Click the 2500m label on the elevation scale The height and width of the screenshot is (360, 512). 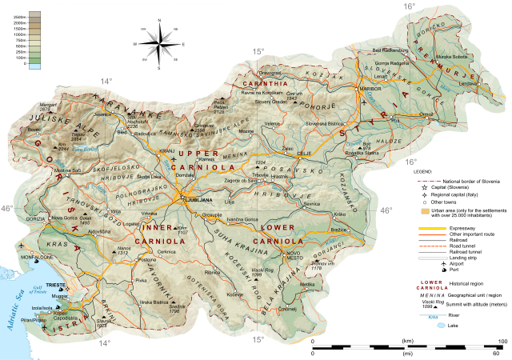coord(18,16)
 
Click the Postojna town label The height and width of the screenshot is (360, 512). coord(146,260)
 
